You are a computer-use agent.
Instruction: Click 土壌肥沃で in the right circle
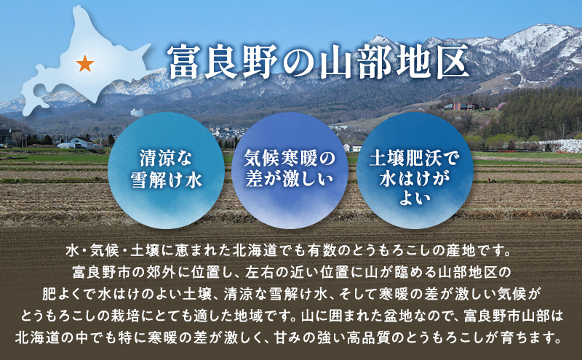[x=411, y=157]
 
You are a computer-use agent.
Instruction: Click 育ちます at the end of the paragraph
[x=536, y=338]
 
